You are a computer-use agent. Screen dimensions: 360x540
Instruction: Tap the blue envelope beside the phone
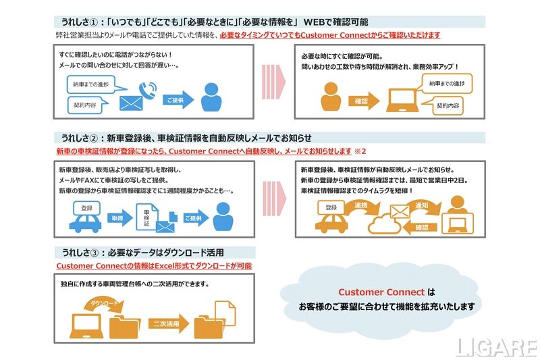tap(132, 103)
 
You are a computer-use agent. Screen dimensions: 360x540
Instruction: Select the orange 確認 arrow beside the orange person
tap(362, 102)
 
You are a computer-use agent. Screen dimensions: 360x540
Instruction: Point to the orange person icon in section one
tap(331, 97)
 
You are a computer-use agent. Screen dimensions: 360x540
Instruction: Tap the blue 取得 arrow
tap(117, 219)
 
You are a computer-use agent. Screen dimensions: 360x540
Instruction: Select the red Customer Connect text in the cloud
tap(381, 292)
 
